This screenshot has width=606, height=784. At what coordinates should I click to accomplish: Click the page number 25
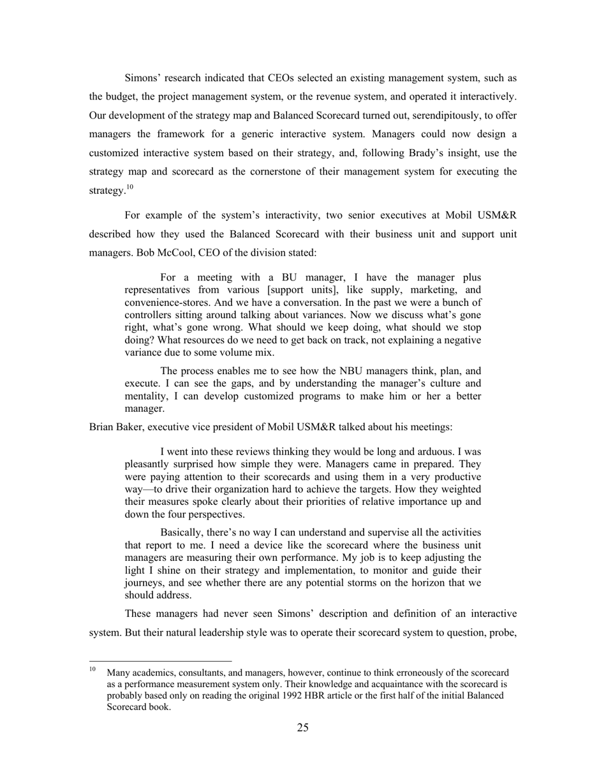pos(302,728)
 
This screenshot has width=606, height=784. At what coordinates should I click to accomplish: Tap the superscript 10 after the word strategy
pos(129,187)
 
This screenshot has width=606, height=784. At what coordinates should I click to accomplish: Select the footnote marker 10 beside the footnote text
pos(92,669)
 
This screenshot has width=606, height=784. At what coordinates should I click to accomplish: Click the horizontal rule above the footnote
pos(160,661)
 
